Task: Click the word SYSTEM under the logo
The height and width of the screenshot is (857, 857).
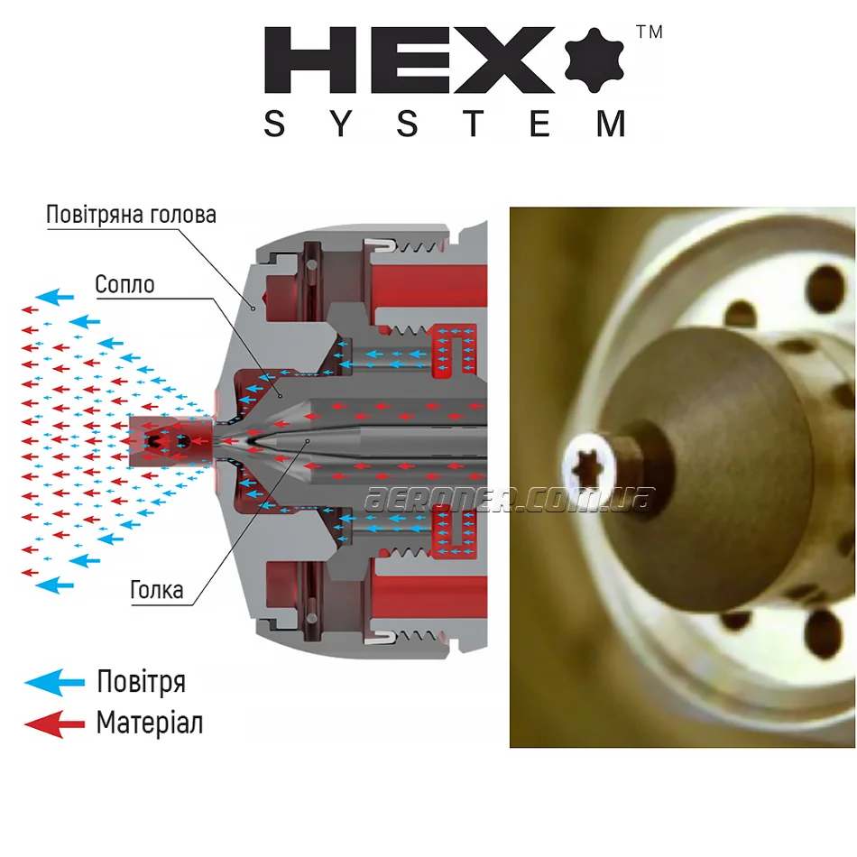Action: point(445,124)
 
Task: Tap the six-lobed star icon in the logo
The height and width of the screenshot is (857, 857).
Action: point(594,60)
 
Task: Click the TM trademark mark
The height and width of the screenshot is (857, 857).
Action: point(650,32)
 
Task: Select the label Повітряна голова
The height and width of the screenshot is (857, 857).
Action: point(131,215)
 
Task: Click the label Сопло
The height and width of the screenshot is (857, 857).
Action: point(124,285)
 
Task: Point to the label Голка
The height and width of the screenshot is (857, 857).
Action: point(156,590)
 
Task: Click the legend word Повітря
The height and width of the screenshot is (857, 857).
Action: point(142,682)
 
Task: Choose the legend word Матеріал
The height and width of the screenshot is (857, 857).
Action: point(150,723)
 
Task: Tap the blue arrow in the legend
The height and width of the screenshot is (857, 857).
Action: point(55,682)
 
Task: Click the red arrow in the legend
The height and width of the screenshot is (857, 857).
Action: point(55,724)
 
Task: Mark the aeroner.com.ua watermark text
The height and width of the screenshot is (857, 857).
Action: point(510,499)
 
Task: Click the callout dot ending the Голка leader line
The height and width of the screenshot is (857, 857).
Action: point(308,440)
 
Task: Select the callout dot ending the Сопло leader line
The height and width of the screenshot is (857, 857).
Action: point(281,396)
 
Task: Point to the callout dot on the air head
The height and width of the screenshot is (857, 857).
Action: point(253,309)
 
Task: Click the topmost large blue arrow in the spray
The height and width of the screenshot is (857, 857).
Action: point(55,297)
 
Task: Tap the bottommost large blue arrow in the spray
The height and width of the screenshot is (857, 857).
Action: point(55,585)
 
